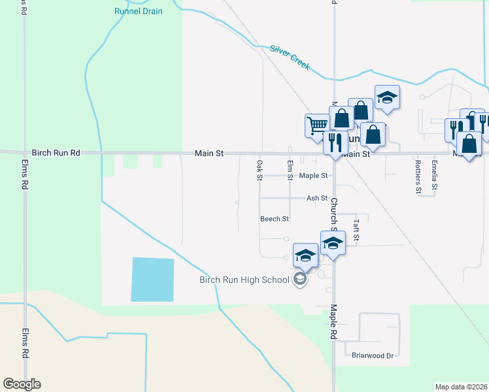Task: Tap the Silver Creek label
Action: (290, 57)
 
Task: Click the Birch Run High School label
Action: (244, 280)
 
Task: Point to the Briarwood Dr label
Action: (372, 356)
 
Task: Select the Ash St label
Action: (316, 198)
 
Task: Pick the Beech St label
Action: (274, 219)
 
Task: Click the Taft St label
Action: (356, 229)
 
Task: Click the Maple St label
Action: (313, 176)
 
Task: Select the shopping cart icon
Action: (317, 124)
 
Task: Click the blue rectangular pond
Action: (153, 280)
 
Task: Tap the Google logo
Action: (22, 384)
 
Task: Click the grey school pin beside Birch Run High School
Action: (300, 280)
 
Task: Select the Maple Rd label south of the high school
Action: (333, 321)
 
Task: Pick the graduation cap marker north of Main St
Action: (387, 97)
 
